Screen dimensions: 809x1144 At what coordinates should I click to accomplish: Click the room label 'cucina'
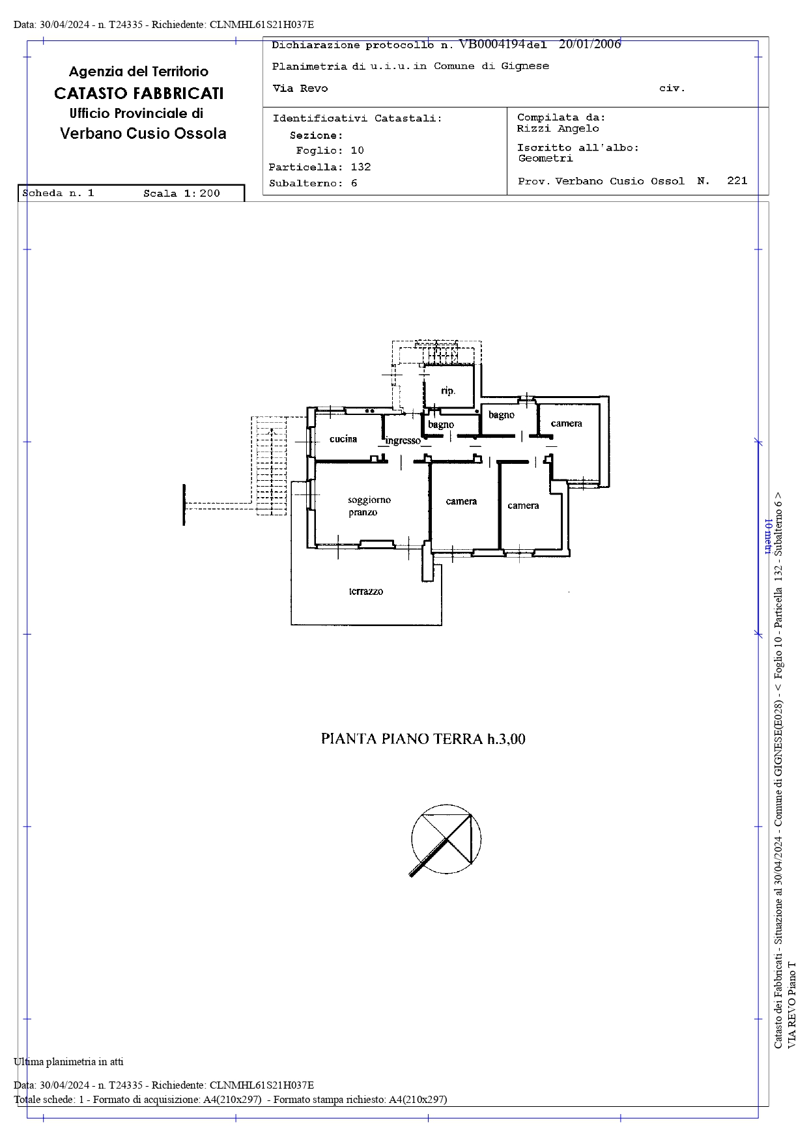click(x=343, y=439)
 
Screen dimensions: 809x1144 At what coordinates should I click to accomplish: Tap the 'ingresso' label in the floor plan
click(x=403, y=441)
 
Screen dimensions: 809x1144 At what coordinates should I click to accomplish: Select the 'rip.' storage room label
click(x=448, y=391)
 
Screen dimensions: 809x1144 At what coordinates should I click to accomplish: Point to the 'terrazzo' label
click(x=366, y=592)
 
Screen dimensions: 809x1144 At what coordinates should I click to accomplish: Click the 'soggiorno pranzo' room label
click(x=369, y=506)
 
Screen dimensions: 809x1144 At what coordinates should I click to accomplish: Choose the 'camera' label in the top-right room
click(x=567, y=423)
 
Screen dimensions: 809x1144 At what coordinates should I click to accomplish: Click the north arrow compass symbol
click(x=446, y=840)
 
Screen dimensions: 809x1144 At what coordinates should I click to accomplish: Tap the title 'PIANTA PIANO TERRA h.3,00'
click(x=423, y=739)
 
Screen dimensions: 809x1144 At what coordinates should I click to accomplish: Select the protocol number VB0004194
click(x=492, y=44)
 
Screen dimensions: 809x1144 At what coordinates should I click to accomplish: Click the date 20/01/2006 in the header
click(x=590, y=44)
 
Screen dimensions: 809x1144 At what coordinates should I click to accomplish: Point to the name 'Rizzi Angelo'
click(x=558, y=128)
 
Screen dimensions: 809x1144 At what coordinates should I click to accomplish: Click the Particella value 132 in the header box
click(x=361, y=167)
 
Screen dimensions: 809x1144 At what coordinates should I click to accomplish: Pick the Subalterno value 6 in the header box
click(x=354, y=183)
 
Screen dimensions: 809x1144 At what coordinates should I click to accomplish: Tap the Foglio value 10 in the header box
click(x=358, y=150)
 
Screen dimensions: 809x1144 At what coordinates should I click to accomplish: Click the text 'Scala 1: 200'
click(x=182, y=193)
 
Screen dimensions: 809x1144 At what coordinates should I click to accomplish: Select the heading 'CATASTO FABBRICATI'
click(x=139, y=93)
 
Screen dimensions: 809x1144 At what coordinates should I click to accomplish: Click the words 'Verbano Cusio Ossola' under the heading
click(x=143, y=134)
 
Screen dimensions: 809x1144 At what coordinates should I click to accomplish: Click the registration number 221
click(x=737, y=180)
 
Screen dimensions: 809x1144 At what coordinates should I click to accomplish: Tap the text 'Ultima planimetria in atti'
click(x=68, y=1062)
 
